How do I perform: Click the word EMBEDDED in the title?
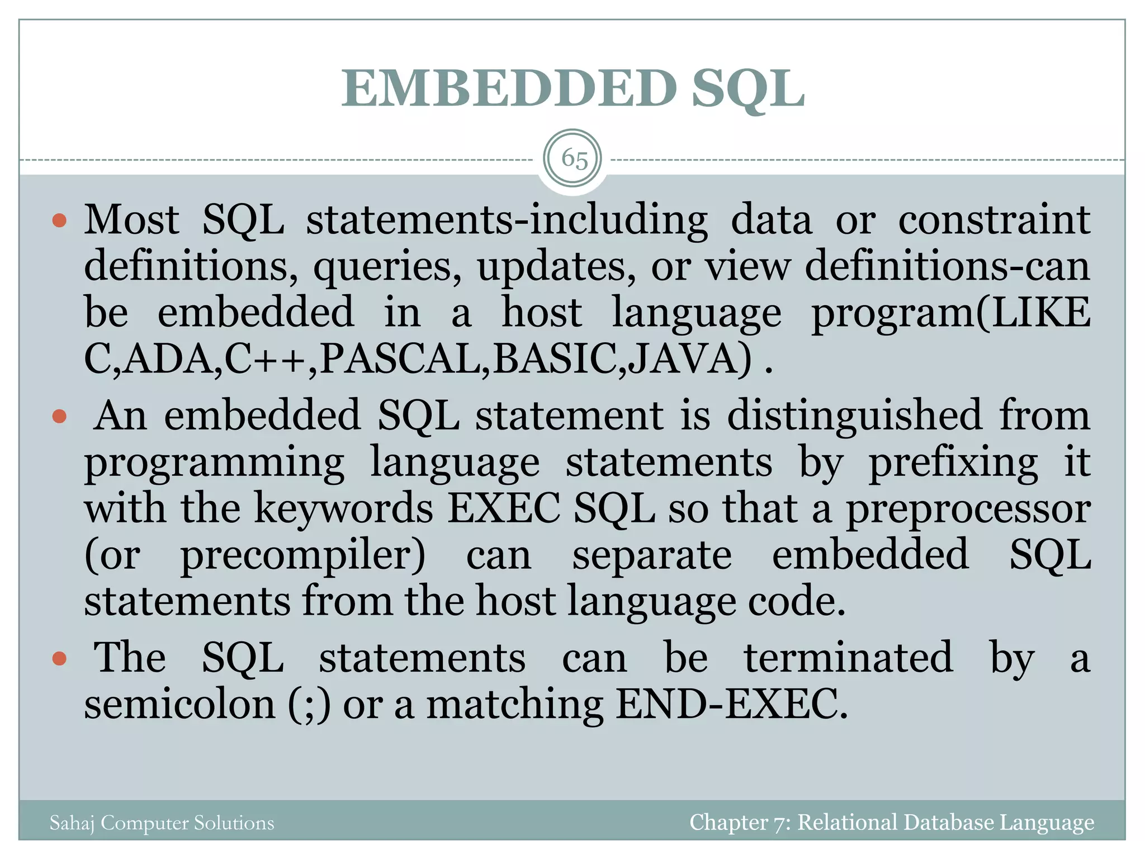tap(509, 88)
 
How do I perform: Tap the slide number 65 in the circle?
tap(574, 159)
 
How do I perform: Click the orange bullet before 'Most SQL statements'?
tap(59, 221)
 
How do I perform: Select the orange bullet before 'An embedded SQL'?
tap(59, 417)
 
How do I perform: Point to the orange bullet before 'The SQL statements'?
tap(59, 659)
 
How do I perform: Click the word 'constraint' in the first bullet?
tap(994, 220)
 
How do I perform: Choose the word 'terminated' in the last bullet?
tap(848, 658)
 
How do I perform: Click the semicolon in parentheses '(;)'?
tap(309, 705)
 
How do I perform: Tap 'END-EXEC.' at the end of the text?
tap(731, 705)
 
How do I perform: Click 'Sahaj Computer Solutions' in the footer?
tap(162, 823)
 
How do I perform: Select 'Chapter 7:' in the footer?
tap(740, 823)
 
